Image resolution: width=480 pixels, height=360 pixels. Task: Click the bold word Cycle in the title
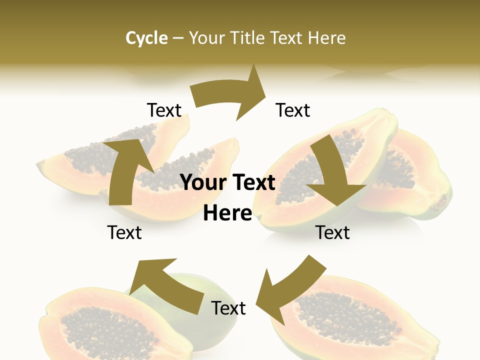point(146,38)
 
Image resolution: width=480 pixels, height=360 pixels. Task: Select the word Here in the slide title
point(327,38)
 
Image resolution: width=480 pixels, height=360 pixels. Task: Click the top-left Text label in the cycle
point(164,110)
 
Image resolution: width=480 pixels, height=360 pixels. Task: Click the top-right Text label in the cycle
point(293,110)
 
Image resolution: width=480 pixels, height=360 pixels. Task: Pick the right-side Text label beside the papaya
point(332,232)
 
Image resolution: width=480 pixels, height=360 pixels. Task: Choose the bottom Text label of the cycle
point(228,308)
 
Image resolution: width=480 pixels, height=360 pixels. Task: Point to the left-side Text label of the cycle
point(124,232)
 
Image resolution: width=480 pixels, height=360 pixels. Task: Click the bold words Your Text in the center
point(227,182)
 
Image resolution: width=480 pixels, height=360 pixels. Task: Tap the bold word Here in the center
point(227,213)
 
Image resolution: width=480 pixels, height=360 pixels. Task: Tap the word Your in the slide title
point(206,38)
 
